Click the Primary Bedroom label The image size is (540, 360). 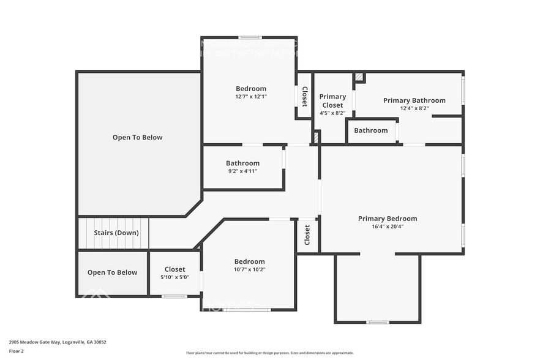point(388,219)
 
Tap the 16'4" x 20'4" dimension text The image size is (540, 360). point(388,227)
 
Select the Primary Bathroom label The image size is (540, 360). point(414,100)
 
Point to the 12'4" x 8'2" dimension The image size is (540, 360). point(414,108)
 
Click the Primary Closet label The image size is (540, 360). point(332,100)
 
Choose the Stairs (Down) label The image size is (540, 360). point(116,233)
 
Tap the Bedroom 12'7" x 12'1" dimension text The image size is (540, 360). point(251,97)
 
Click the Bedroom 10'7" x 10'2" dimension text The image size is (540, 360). point(250,269)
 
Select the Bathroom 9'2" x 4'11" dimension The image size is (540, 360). point(242,171)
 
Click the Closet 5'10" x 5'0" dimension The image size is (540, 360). point(174,277)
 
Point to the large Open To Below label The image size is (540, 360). point(137,137)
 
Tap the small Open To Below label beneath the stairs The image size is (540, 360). point(112,272)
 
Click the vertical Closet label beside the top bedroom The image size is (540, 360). point(304,97)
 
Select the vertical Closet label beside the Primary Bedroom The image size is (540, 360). point(307,234)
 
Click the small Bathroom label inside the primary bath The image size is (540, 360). point(370,130)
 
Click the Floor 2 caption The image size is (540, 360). point(16,351)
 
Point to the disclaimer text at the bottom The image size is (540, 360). point(269,353)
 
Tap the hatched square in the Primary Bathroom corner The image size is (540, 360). point(359,77)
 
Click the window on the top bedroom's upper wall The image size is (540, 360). point(250,37)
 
